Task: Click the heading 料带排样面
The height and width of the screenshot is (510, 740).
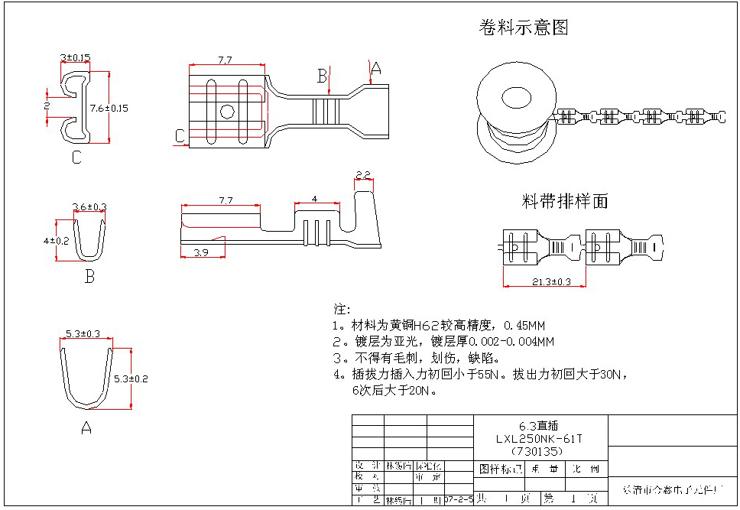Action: [x=565, y=201]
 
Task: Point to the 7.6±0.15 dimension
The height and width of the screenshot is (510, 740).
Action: [x=109, y=108]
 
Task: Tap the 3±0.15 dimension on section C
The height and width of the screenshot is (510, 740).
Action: [x=75, y=57]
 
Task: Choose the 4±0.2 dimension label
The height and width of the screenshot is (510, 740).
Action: [x=56, y=240]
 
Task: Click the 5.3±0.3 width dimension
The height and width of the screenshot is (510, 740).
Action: [x=84, y=333]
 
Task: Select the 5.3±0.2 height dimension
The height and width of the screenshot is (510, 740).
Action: [x=131, y=378]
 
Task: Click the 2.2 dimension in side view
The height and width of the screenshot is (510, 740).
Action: [x=363, y=175]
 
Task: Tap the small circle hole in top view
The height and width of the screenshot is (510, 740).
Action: [x=226, y=112]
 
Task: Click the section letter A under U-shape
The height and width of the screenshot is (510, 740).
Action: [x=86, y=428]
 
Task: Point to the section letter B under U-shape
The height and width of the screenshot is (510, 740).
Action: [x=89, y=277]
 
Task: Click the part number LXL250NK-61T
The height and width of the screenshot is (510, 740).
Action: [x=539, y=439]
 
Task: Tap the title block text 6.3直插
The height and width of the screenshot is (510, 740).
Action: [x=538, y=427]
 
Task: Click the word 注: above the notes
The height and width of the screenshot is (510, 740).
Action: [x=341, y=309]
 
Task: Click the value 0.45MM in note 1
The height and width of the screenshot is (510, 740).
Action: [x=524, y=326]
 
